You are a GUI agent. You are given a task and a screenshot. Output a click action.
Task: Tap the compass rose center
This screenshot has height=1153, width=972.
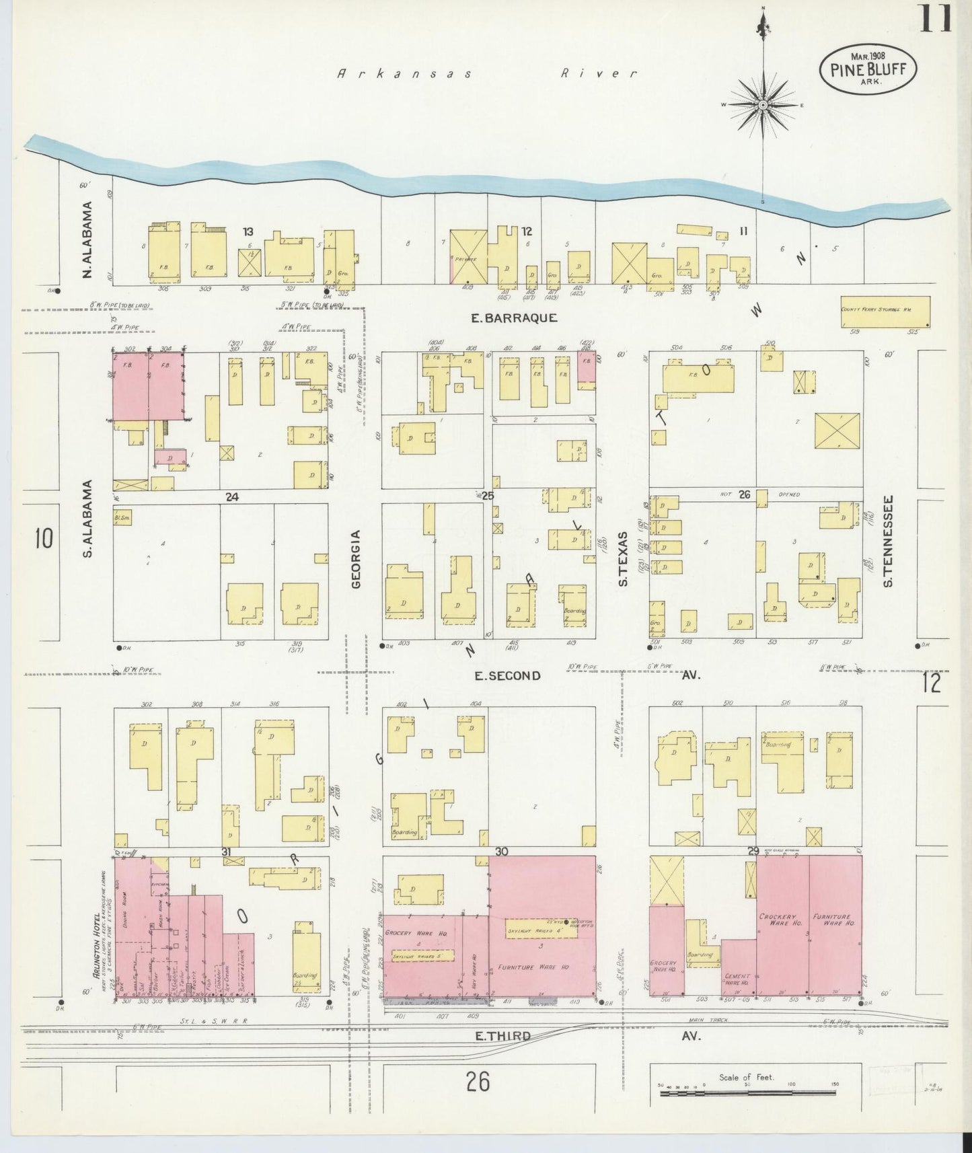coord(763,106)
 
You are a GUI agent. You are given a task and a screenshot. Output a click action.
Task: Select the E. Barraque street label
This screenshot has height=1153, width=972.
coord(514,318)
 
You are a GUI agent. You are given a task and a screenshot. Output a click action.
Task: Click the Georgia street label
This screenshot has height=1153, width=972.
coord(356,558)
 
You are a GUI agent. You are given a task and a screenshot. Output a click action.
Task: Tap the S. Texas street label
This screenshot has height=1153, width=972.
coord(624,558)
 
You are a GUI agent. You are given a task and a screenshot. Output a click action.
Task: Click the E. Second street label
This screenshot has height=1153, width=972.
coord(508,675)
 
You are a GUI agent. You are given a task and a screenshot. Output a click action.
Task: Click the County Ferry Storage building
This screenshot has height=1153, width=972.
coord(885,312)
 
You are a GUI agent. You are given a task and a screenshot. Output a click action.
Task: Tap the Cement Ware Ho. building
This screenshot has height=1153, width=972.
coord(738,967)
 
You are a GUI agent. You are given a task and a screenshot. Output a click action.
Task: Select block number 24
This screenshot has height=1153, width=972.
coord(232,497)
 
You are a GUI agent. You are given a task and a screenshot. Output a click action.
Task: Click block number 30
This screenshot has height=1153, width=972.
coord(501,852)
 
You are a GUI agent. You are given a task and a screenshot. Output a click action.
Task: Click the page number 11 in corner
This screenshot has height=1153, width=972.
coord(935,18)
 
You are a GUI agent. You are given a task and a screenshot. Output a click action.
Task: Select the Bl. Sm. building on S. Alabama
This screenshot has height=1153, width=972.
coord(122,517)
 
